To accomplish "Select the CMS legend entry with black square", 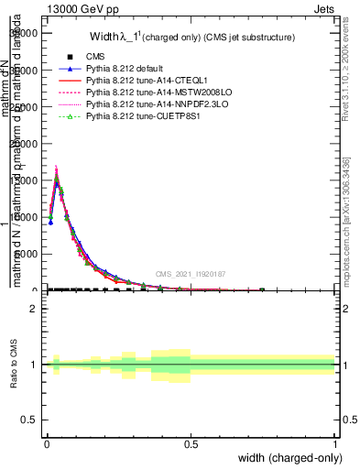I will point(95,56).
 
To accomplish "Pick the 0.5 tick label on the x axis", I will point(191,444).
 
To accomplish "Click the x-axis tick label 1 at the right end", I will point(334,444).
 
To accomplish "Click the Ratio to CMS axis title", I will point(14,377).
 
